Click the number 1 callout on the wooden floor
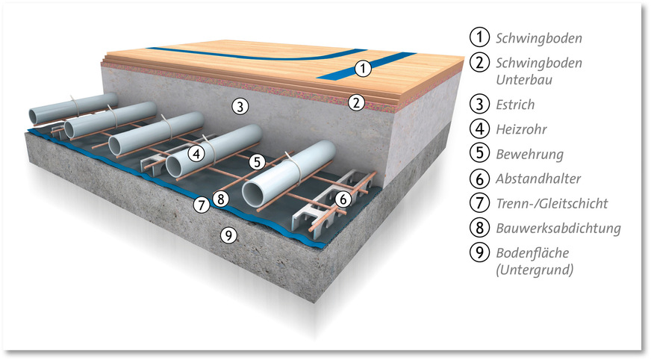click(x=363, y=69)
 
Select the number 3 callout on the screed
click(x=238, y=106)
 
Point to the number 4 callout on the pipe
click(x=196, y=153)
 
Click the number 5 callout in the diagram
click(x=257, y=160)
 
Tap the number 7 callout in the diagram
click(x=200, y=203)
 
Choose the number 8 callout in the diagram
click(x=219, y=199)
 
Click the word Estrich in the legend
click(x=515, y=105)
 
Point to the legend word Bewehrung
click(x=529, y=155)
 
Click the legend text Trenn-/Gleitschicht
click(x=551, y=202)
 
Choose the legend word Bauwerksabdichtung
click(x=558, y=227)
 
